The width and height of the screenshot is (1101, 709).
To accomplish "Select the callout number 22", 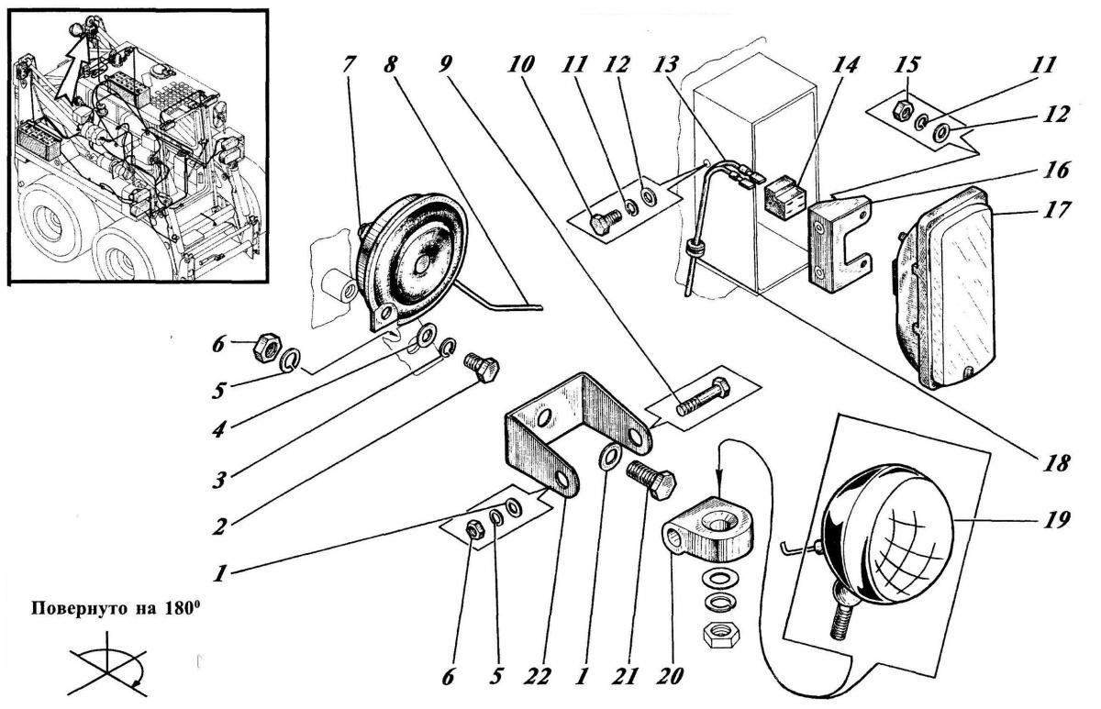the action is (x=537, y=677).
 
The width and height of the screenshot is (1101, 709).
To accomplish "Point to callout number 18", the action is (x=1056, y=463).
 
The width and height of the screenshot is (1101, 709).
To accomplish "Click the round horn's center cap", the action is (x=422, y=264).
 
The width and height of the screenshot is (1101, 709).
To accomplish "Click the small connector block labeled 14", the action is (x=784, y=201).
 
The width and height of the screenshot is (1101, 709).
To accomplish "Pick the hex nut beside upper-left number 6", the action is (x=267, y=346).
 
